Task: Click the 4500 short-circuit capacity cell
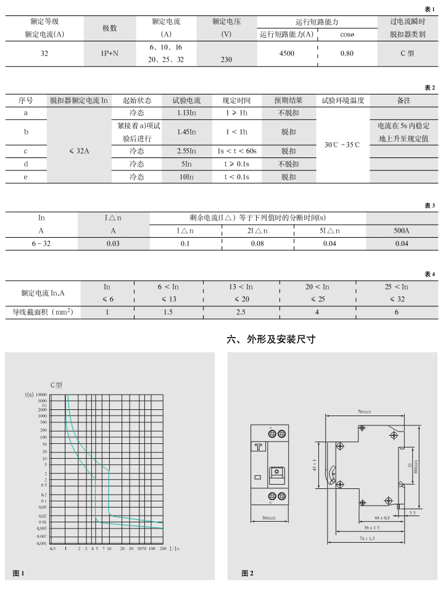click(x=286, y=54)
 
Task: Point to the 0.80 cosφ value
click(x=347, y=54)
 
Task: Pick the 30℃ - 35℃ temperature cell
click(x=342, y=144)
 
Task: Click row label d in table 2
click(x=26, y=164)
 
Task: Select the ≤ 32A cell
click(x=79, y=151)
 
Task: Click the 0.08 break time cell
click(x=257, y=243)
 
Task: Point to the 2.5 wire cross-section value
click(x=241, y=312)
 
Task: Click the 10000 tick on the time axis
click(x=41, y=394)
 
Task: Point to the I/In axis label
click(x=174, y=548)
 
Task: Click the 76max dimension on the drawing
click(x=363, y=411)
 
